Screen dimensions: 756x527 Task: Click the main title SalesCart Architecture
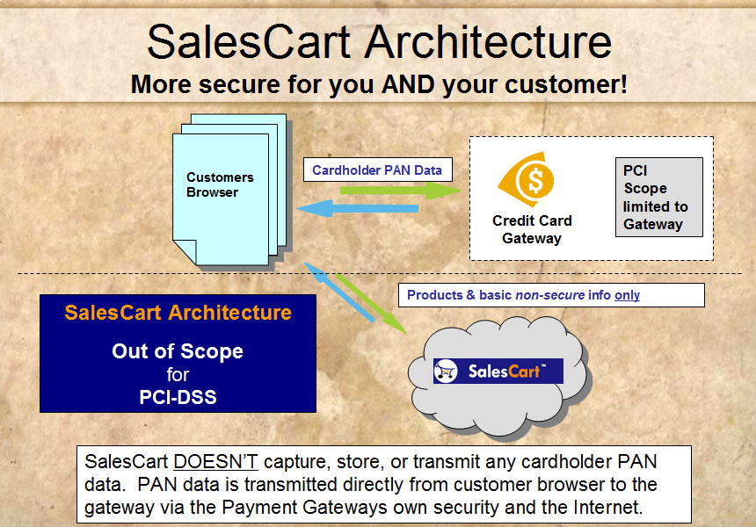tap(379, 42)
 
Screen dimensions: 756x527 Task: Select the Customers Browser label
tap(220, 184)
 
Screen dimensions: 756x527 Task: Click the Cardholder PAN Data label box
tap(377, 170)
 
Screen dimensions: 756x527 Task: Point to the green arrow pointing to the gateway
tap(400, 191)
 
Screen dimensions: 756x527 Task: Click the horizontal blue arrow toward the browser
tap(357, 208)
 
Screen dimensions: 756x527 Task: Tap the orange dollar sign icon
tap(527, 180)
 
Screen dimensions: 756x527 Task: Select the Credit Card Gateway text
tap(532, 229)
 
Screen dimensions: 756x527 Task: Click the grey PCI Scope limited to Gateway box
tap(659, 197)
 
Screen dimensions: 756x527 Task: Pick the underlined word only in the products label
tap(627, 295)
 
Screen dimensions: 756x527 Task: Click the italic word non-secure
tap(550, 295)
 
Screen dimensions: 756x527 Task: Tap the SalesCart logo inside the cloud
tap(498, 371)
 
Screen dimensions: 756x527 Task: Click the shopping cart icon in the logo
tap(446, 371)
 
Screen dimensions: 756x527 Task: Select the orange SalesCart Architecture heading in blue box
tap(178, 313)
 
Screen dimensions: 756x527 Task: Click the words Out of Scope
tap(178, 351)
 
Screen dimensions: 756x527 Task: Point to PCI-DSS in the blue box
tap(178, 397)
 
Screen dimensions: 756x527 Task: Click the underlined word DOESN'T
tap(215, 461)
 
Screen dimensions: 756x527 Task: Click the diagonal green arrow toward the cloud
tap(371, 304)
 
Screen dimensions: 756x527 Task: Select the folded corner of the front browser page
tap(185, 251)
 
